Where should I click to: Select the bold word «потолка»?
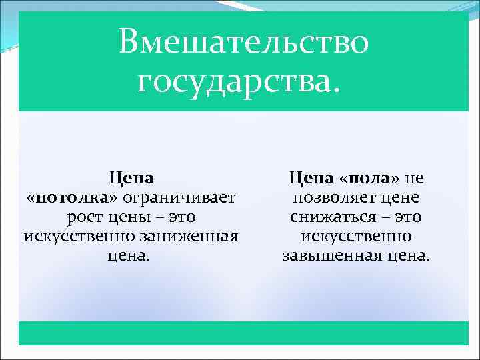pos(73,198)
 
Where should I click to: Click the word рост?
pos(85,217)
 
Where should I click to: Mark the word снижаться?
pos(335,217)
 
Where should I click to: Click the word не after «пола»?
pos(414,179)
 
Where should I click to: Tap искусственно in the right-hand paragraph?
pos(356,237)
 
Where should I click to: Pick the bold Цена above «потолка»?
pos(131,179)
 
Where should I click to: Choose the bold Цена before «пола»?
pos(311,179)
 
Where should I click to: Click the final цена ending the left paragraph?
pos(131,256)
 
